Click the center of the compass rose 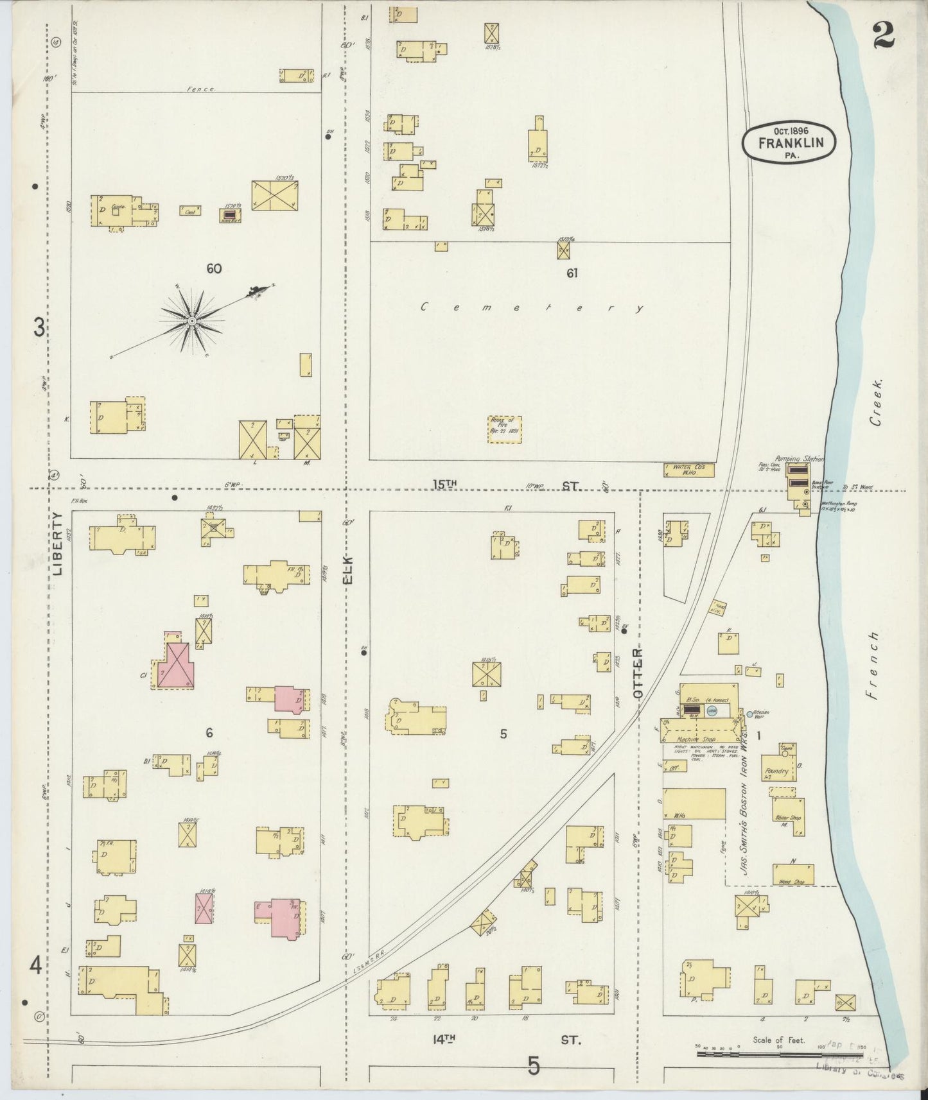191,320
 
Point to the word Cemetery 532,308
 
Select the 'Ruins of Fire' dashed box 505,429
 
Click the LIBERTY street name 58,543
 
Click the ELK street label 349,570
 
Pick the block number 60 214,269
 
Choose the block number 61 572,273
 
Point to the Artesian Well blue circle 749,714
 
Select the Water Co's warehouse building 688,470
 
